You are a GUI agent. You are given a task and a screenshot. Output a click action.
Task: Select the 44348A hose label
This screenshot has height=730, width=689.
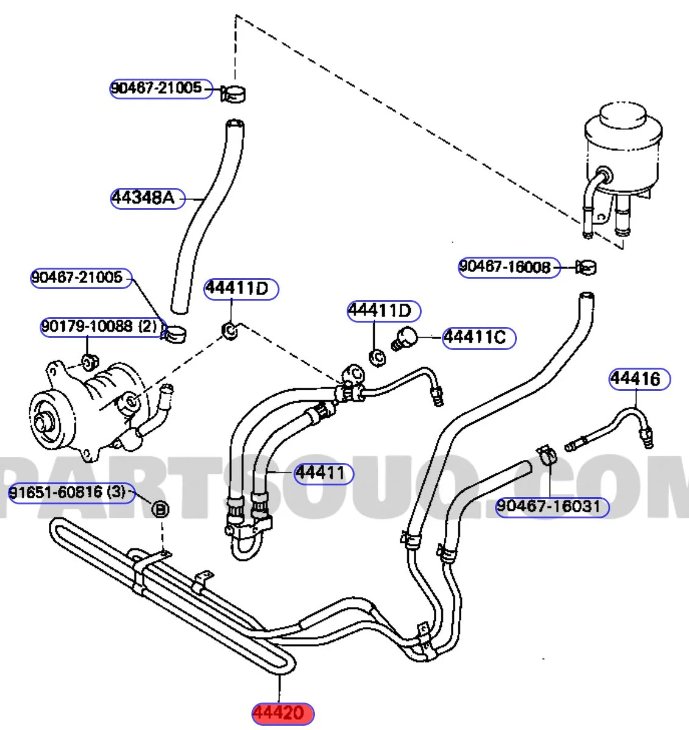(x=147, y=198)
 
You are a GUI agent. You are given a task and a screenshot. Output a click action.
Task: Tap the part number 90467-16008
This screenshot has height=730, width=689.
(x=508, y=267)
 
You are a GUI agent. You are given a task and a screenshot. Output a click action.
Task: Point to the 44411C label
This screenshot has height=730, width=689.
(x=478, y=337)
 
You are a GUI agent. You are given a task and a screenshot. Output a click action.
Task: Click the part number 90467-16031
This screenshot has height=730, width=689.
(x=552, y=506)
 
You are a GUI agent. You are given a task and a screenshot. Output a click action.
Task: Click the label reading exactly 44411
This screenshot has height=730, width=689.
(x=323, y=473)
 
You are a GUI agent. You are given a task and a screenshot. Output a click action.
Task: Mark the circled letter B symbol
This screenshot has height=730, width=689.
(x=159, y=507)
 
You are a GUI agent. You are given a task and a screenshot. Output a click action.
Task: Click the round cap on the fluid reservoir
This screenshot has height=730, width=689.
(x=622, y=116)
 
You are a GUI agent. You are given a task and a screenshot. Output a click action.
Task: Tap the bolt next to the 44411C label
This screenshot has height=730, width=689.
(x=406, y=337)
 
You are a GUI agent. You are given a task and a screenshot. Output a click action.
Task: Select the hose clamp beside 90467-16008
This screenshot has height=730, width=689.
(x=586, y=267)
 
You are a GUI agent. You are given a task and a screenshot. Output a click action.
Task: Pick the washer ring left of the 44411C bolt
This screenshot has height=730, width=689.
(x=377, y=357)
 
